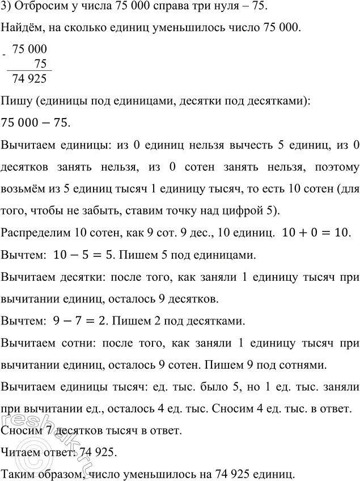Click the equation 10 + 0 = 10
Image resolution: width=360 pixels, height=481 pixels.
[313, 233]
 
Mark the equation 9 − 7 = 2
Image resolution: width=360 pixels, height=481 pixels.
[78, 322]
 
